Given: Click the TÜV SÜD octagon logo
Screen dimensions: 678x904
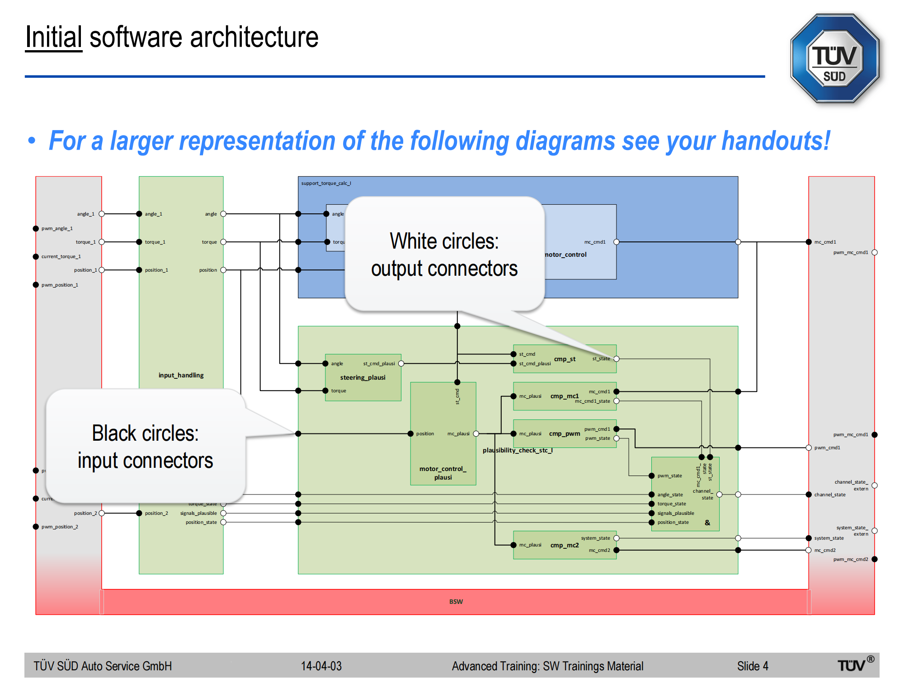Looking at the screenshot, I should click(x=834, y=59).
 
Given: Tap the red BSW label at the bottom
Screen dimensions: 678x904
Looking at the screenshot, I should click(x=456, y=602).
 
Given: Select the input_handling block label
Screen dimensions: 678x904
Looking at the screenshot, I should click(x=181, y=375).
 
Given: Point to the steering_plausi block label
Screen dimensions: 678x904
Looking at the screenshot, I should click(x=363, y=377).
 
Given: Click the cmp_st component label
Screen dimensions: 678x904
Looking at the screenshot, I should click(x=565, y=359).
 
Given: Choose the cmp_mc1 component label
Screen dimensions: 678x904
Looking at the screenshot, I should click(x=564, y=396).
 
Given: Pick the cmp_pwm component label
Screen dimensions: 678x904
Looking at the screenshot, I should click(x=564, y=433).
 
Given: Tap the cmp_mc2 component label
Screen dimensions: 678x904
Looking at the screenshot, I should click(x=564, y=545).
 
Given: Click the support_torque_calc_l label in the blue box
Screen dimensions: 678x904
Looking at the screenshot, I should click(x=326, y=183).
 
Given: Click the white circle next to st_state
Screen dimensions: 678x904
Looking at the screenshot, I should click(x=616, y=359).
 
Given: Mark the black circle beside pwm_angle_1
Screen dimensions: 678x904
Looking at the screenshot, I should click(x=36, y=229).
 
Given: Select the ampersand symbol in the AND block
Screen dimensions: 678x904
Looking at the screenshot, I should click(x=707, y=523).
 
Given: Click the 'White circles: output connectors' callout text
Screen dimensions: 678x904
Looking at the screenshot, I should click(x=444, y=254).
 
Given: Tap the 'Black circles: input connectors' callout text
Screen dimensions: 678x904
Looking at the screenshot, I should click(x=145, y=447).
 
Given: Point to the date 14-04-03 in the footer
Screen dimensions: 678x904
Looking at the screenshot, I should click(x=321, y=666).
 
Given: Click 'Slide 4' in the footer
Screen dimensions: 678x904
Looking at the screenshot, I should click(x=753, y=666).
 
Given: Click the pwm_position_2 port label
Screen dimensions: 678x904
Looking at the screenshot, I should click(x=60, y=527).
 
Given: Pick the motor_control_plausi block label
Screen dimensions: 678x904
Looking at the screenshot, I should click(x=443, y=473).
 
